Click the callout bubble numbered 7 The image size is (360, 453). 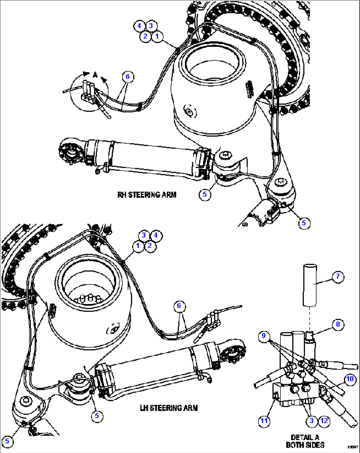[338, 277]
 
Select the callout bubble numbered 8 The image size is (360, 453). [338, 324]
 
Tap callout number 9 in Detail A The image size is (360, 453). [263, 336]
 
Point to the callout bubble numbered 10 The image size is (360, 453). [350, 379]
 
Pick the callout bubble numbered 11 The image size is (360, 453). [264, 421]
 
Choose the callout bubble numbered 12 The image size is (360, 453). [324, 421]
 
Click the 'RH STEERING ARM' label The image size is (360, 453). [147, 195]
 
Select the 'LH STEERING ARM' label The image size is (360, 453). [169, 408]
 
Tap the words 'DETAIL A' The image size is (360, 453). [305, 437]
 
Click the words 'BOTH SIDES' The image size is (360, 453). [305, 445]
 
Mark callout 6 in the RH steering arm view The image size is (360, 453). [127, 77]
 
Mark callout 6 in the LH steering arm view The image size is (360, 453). [179, 306]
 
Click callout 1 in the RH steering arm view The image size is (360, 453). [157, 36]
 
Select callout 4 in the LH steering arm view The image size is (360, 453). [156, 235]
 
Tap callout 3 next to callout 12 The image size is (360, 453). [311, 421]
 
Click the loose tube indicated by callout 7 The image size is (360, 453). [309, 284]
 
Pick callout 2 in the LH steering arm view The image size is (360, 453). [150, 246]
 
